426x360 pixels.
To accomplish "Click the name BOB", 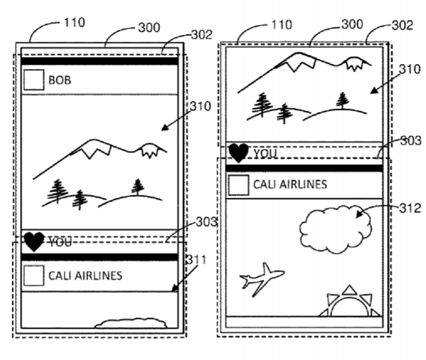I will click(x=60, y=81).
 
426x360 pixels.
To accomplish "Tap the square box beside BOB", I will click(x=33, y=81).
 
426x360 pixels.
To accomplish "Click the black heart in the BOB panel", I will click(x=33, y=242).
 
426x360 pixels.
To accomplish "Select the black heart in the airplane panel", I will click(x=239, y=153).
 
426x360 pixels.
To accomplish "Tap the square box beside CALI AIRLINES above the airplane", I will click(x=239, y=185).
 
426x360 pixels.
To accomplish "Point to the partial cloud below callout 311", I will click(x=130, y=322).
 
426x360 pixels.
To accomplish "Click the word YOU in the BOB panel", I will click(x=60, y=242).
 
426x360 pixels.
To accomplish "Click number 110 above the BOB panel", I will click(x=73, y=22).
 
